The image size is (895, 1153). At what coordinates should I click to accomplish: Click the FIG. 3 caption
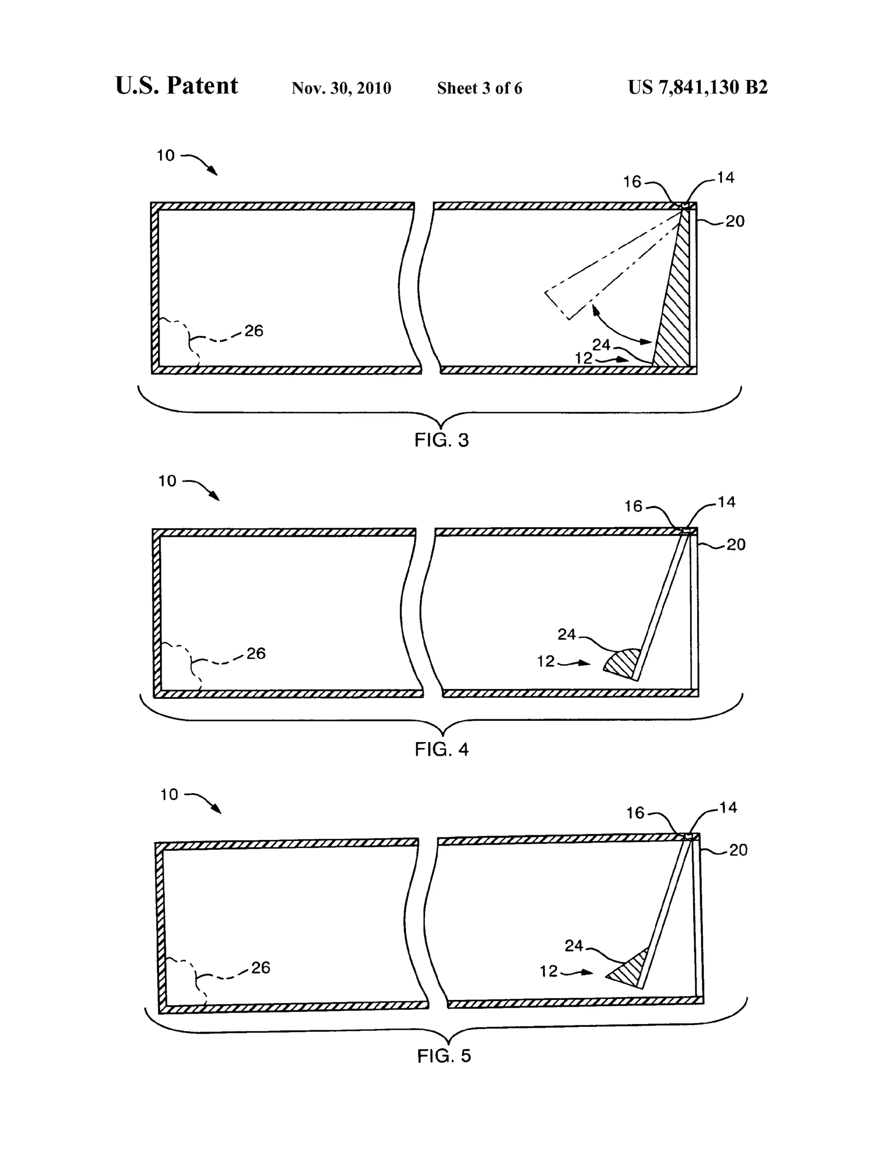click(x=441, y=440)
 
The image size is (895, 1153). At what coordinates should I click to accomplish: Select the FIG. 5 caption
click(x=444, y=1056)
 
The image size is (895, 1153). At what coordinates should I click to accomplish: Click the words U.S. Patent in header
click(x=177, y=86)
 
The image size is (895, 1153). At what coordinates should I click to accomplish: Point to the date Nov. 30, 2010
click(x=341, y=88)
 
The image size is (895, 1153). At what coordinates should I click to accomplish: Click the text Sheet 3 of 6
click(x=480, y=88)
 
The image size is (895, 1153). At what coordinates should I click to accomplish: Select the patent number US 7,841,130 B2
click(x=698, y=87)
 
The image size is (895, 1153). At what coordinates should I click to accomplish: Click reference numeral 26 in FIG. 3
click(x=254, y=331)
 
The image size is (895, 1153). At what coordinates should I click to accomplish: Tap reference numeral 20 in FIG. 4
click(x=736, y=544)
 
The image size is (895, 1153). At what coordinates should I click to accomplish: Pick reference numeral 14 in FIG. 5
click(x=728, y=807)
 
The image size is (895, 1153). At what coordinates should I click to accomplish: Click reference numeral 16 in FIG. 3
click(x=632, y=182)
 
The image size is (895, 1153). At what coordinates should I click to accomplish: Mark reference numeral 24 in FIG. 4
click(x=566, y=634)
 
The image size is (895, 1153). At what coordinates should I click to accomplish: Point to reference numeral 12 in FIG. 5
click(x=549, y=971)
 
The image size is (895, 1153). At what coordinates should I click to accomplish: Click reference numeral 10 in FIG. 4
click(x=167, y=481)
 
